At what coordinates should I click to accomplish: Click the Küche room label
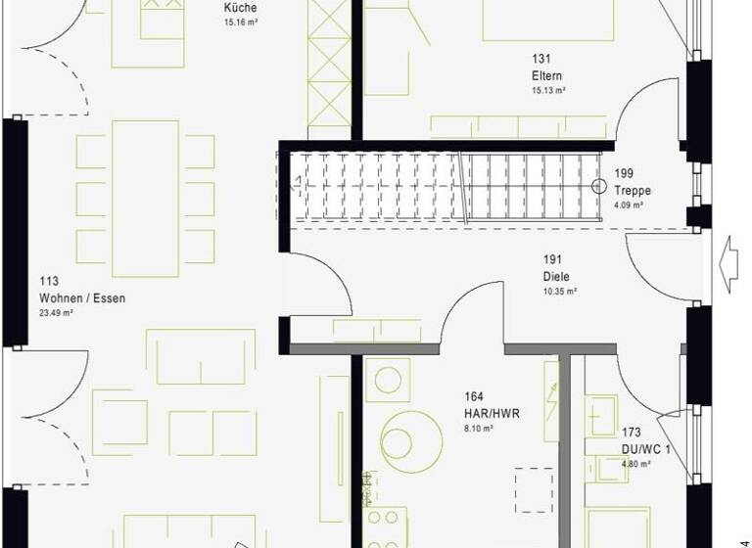pyautogui.click(x=241, y=8)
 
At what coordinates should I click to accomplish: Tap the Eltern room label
pyautogui.click(x=547, y=75)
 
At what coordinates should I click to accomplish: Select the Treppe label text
pyautogui.click(x=633, y=191)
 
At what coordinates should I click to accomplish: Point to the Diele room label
pyautogui.click(x=557, y=276)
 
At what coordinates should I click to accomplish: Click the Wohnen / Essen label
pyautogui.click(x=82, y=298)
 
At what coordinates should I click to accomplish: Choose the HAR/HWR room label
pyautogui.click(x=492, y=413)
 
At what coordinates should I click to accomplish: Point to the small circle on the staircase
pyautogui.click(x=599, y=186)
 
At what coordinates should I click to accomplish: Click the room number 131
pyautogui.click(x=540, y=59)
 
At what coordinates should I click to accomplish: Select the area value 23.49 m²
pyautogui.click(x=59, y=314)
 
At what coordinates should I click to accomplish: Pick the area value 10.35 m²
pyautogui.click(x=559, y=292)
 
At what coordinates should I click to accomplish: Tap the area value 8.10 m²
pyautogui.click(x=478, y=429)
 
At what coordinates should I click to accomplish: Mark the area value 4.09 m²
pyautogui.click(x=629, y=205)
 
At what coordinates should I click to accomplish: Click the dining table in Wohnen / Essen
pyautogui.click(x=146, y=192)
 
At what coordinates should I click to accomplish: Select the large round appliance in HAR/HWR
pyautogui.click(x=411, y=439)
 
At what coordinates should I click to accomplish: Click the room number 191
pyautogui.click(x=553, y=260)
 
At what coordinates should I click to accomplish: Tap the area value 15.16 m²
pyautogui.click(x=240, y=22)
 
